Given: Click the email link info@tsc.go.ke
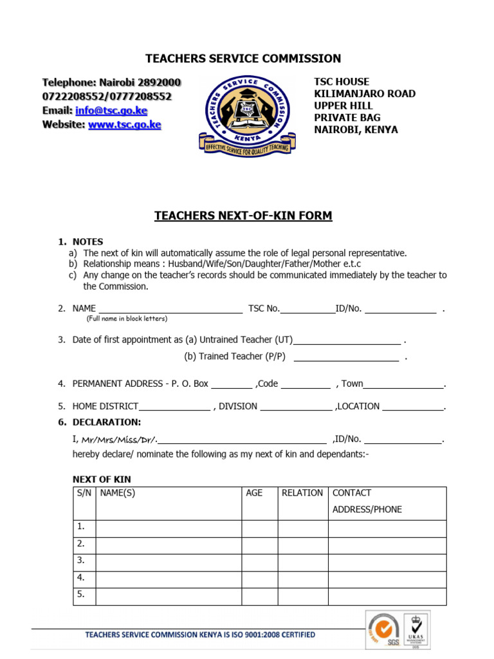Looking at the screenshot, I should [x=111, y=111].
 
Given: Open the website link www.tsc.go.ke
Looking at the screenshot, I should [x=124, y=125].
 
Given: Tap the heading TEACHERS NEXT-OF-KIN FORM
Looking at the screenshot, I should [x=243, y=216].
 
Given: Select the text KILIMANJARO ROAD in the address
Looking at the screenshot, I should [x=364, y=94].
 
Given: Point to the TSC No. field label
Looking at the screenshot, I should [x=264, y=309].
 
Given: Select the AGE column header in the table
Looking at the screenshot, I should [x=254, y=493].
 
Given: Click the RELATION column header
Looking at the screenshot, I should [x=302, y=493].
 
